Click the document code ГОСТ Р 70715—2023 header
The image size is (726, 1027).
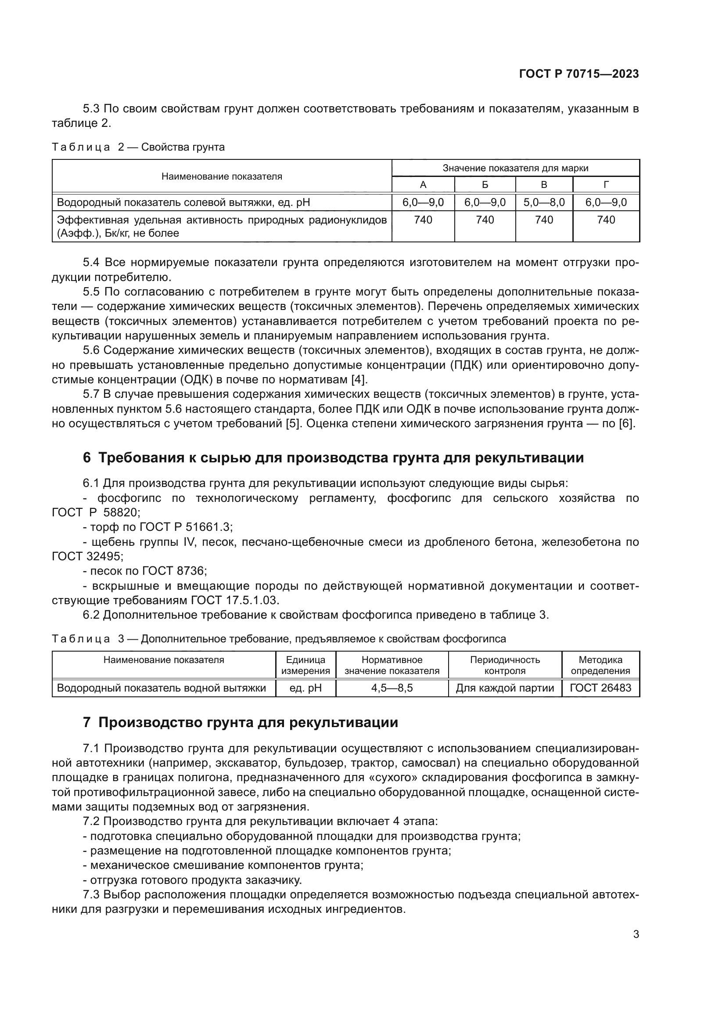point(579,74)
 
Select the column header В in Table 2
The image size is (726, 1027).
point(543,185)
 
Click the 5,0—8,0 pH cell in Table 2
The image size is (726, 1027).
point(543,202)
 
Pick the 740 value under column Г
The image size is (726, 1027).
point(606,220)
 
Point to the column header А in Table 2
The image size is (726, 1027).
point(423,185)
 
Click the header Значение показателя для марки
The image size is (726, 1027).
point(515,168)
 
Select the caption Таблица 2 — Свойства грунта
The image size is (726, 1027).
point(138,147)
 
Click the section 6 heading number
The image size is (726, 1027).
point(87,458)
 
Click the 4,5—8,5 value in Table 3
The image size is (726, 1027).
point(392,688)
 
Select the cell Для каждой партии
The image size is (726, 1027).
point(505,688)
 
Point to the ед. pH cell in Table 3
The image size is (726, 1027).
point(305,688)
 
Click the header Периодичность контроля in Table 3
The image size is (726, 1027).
point(505,665)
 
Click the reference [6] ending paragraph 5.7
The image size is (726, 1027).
point(626,424)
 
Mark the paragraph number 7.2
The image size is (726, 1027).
point(92,821)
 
